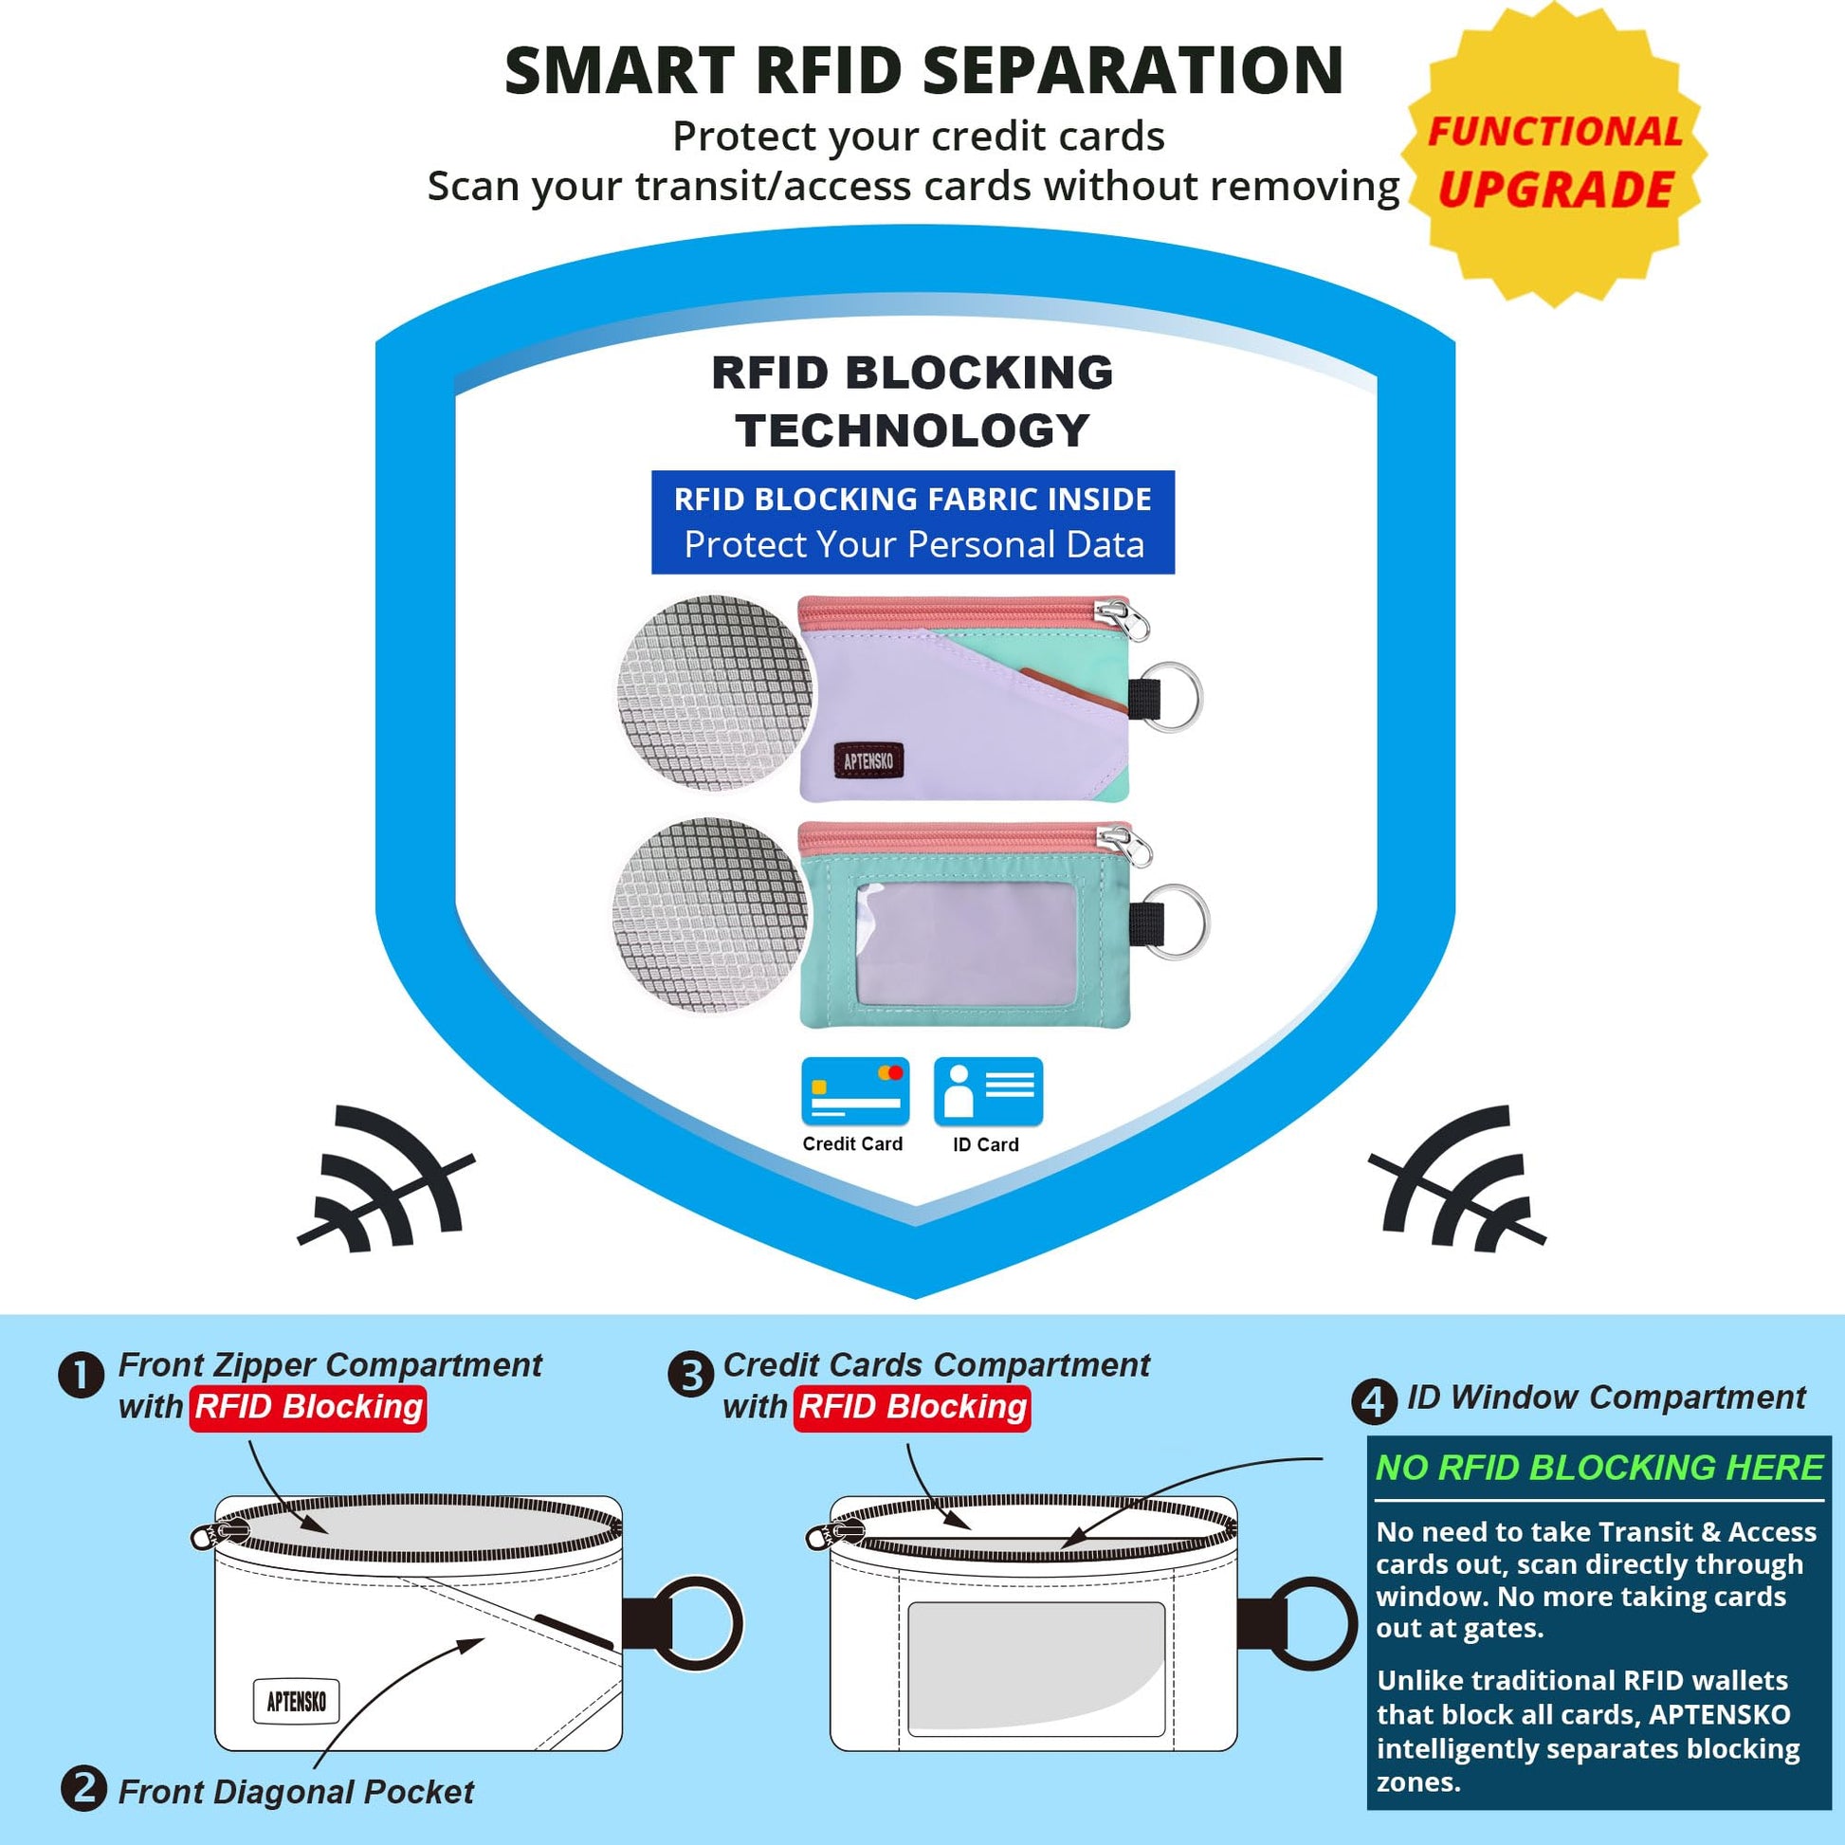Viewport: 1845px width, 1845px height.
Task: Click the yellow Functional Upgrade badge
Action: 1554,155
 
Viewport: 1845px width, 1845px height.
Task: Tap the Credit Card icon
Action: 854,1090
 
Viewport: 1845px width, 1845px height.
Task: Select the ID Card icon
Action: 987,1090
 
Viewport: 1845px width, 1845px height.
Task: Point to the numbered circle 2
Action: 84,1788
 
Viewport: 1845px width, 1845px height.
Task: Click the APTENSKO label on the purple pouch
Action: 868,760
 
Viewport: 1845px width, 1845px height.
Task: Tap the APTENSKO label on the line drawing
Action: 296,1701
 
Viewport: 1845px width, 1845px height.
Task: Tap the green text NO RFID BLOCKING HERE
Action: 1598,1468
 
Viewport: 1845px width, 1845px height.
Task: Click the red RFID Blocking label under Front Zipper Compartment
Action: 308,1408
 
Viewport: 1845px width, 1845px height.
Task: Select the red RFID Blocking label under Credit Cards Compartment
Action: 912,1408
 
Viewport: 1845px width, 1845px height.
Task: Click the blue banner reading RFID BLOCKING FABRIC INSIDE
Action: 913,522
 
